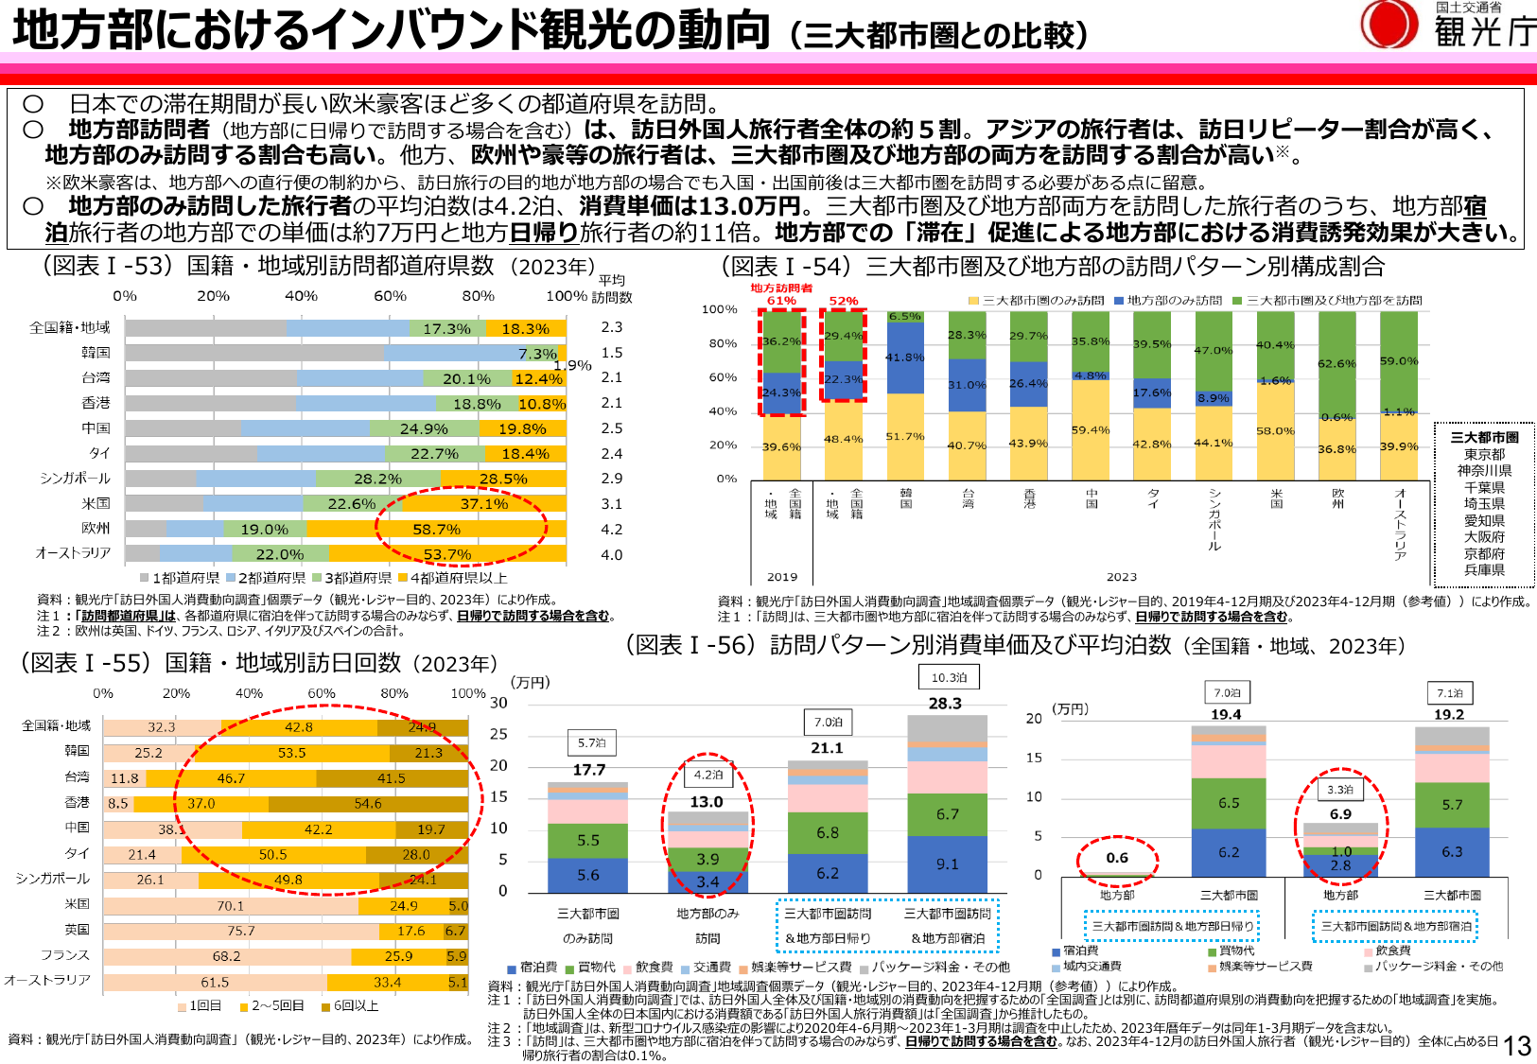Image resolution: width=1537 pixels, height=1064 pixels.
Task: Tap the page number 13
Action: (x=1517, y=1045)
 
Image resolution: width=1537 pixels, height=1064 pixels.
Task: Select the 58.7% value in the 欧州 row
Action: (x=436, y=530)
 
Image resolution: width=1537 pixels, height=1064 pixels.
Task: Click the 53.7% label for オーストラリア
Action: (x=447, y=554)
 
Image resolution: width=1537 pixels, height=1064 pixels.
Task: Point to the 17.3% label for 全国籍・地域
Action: (x=446, y=329)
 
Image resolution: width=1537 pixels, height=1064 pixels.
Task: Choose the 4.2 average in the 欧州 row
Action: (x=612, y=530)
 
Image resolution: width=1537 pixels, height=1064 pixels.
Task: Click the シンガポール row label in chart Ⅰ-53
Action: (x=75, y=479)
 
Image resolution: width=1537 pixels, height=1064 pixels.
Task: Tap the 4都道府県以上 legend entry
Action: (x=453, y=578)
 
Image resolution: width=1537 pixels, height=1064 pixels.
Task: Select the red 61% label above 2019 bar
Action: (x=781, y=301)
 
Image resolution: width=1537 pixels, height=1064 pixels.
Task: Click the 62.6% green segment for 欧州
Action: (x=1336, y=363)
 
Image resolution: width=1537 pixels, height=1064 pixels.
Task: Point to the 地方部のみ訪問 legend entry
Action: (x=1168, y=301)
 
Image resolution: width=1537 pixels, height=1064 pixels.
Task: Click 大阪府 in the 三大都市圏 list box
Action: (x=1484, y=537)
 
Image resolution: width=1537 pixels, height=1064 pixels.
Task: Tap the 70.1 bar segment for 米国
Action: (x=230, y=906)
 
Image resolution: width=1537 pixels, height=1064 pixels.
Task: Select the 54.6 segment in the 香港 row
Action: (x=368, y=804)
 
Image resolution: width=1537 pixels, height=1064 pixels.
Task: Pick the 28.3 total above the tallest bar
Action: (x=945, y=704)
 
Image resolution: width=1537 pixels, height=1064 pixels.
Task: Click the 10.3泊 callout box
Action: (x=949, y=677)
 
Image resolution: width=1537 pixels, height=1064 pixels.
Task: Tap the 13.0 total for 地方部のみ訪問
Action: (x=707, y=802)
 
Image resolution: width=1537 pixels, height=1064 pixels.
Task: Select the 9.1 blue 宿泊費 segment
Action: (x=948, y=864)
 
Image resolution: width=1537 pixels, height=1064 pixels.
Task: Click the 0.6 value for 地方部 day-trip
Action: (x=1117, y=858)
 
